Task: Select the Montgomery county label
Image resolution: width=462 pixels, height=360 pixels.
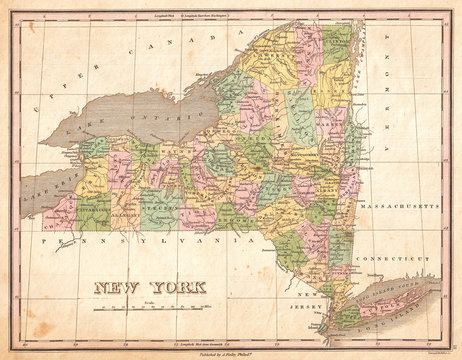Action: (x=305, y=155)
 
